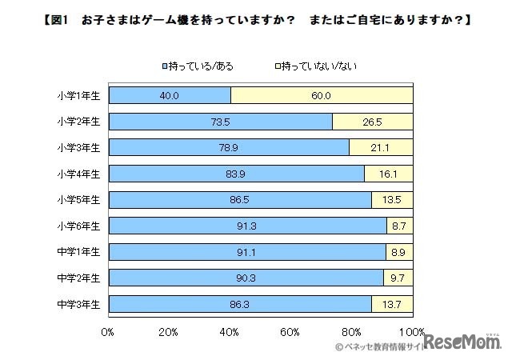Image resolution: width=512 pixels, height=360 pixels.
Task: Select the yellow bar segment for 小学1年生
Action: [x=322, y=96]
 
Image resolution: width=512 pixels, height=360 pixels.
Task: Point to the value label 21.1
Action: [x=381, y=148]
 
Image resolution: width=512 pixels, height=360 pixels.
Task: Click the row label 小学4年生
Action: [x=78, y=174]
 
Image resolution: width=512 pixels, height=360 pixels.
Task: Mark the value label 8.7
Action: [x=399, y=226]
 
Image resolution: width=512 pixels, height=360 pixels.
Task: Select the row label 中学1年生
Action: [x=78, y=252]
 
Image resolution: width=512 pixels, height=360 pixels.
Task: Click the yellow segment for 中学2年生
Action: [x=398, y=278]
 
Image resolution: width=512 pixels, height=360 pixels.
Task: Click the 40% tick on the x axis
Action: [x=230, y=330]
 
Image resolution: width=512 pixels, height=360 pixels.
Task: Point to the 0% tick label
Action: [x=108, y=330]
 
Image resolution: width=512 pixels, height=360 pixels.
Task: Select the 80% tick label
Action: [x=351, y=330]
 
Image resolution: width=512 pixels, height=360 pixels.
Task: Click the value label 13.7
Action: [x=392, y=305]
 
